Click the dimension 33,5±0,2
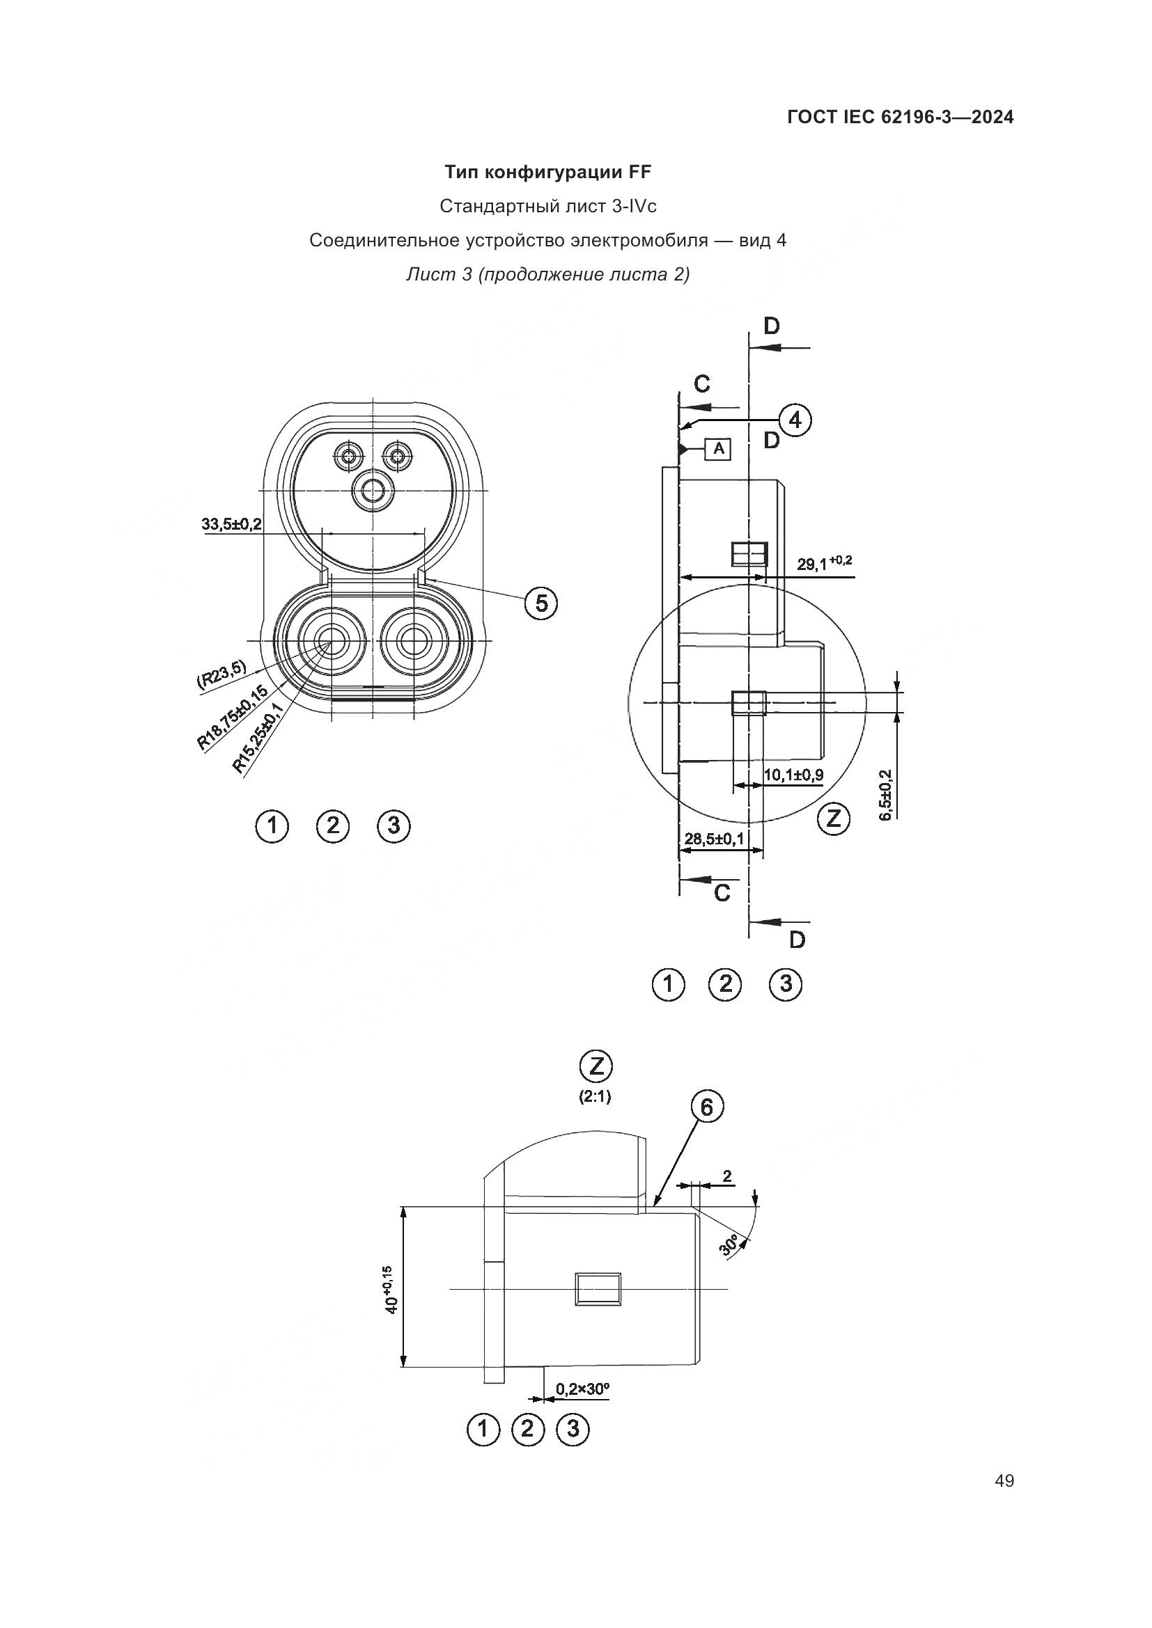[x=231, y=524]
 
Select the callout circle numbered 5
[x=541, y=603]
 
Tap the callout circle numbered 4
[x=795, y=420]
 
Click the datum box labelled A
[x=718, y=449]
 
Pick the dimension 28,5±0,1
[x=714, y=839]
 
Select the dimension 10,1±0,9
[x=793, y=774]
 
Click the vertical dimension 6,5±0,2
[x=886, y=794]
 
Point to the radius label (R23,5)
[x=221, y=674]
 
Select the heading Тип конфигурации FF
[x=547, y=172]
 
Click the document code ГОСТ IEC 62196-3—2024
[x=900, y=118]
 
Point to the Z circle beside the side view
[x=834, y=819]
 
